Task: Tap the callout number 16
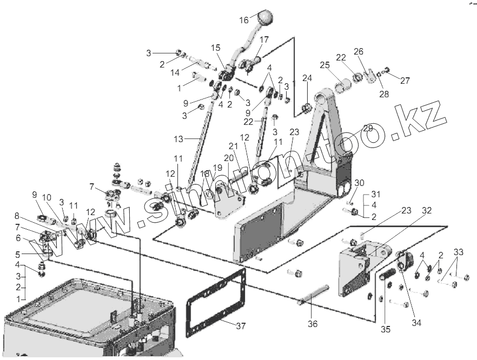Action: click(x=244, y=20)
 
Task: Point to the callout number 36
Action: click(x=313, y=324)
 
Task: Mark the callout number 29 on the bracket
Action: click(x=368, y=128)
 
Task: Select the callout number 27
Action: click(x=405, y=81)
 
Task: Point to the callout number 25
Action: click(x=324, y=65)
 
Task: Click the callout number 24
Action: click(x=307, y=78)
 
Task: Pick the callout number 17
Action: click(x=264, y=39)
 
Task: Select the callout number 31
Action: click(x=376, y=195)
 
